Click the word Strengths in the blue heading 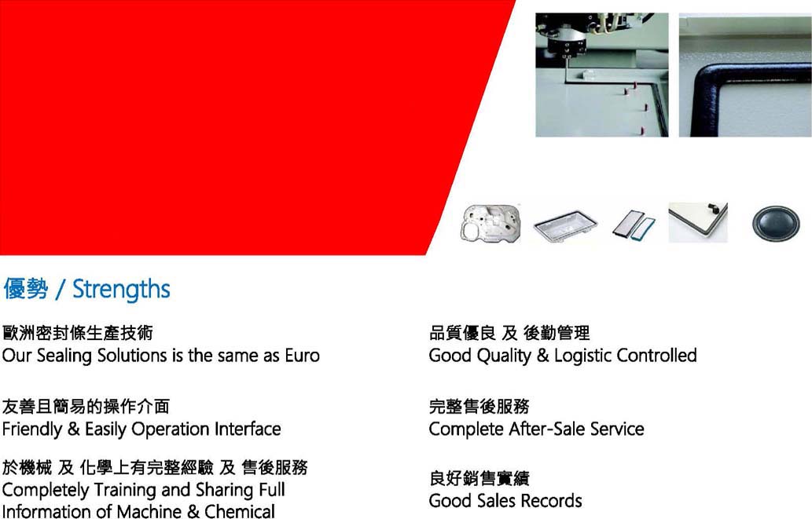coord(121,289)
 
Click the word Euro coord(303,356)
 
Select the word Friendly coord(32,429)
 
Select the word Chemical coord(240,511)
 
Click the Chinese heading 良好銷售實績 coord(479,479)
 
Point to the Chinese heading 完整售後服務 coord(479,407)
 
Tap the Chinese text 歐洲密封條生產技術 coord(78,333)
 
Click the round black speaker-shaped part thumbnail coord(776,224)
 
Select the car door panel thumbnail coord(491,224)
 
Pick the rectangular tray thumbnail coord(565,225)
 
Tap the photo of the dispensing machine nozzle coord(602,75)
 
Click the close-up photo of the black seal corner coord(745,75)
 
